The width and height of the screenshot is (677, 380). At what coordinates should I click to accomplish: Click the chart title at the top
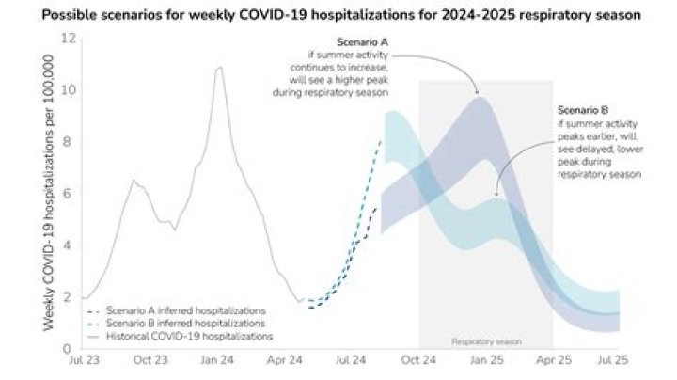coord(338,17)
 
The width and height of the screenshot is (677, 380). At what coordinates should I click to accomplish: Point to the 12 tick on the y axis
coord(68,39)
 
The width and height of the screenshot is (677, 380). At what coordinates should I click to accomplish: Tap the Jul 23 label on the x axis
coord(82,360)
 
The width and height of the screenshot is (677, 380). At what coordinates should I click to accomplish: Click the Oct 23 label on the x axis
coord(149,360)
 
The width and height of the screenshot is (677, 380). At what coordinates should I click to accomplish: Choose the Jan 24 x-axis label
coord(217,360)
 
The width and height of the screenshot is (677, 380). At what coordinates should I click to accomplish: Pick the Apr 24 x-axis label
coord(284,360)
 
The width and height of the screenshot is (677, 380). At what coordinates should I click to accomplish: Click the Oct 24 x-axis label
coord(417,360)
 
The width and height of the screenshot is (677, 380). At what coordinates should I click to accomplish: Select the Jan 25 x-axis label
coord(485,360)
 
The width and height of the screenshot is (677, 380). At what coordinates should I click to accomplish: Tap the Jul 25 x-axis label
coord(619,360)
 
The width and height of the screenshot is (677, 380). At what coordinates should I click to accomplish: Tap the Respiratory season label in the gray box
coord(485,342)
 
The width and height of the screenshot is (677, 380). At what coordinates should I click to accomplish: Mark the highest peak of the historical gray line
coord(219,67)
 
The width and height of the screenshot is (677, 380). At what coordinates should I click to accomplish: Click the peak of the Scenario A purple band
coord(479,97)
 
